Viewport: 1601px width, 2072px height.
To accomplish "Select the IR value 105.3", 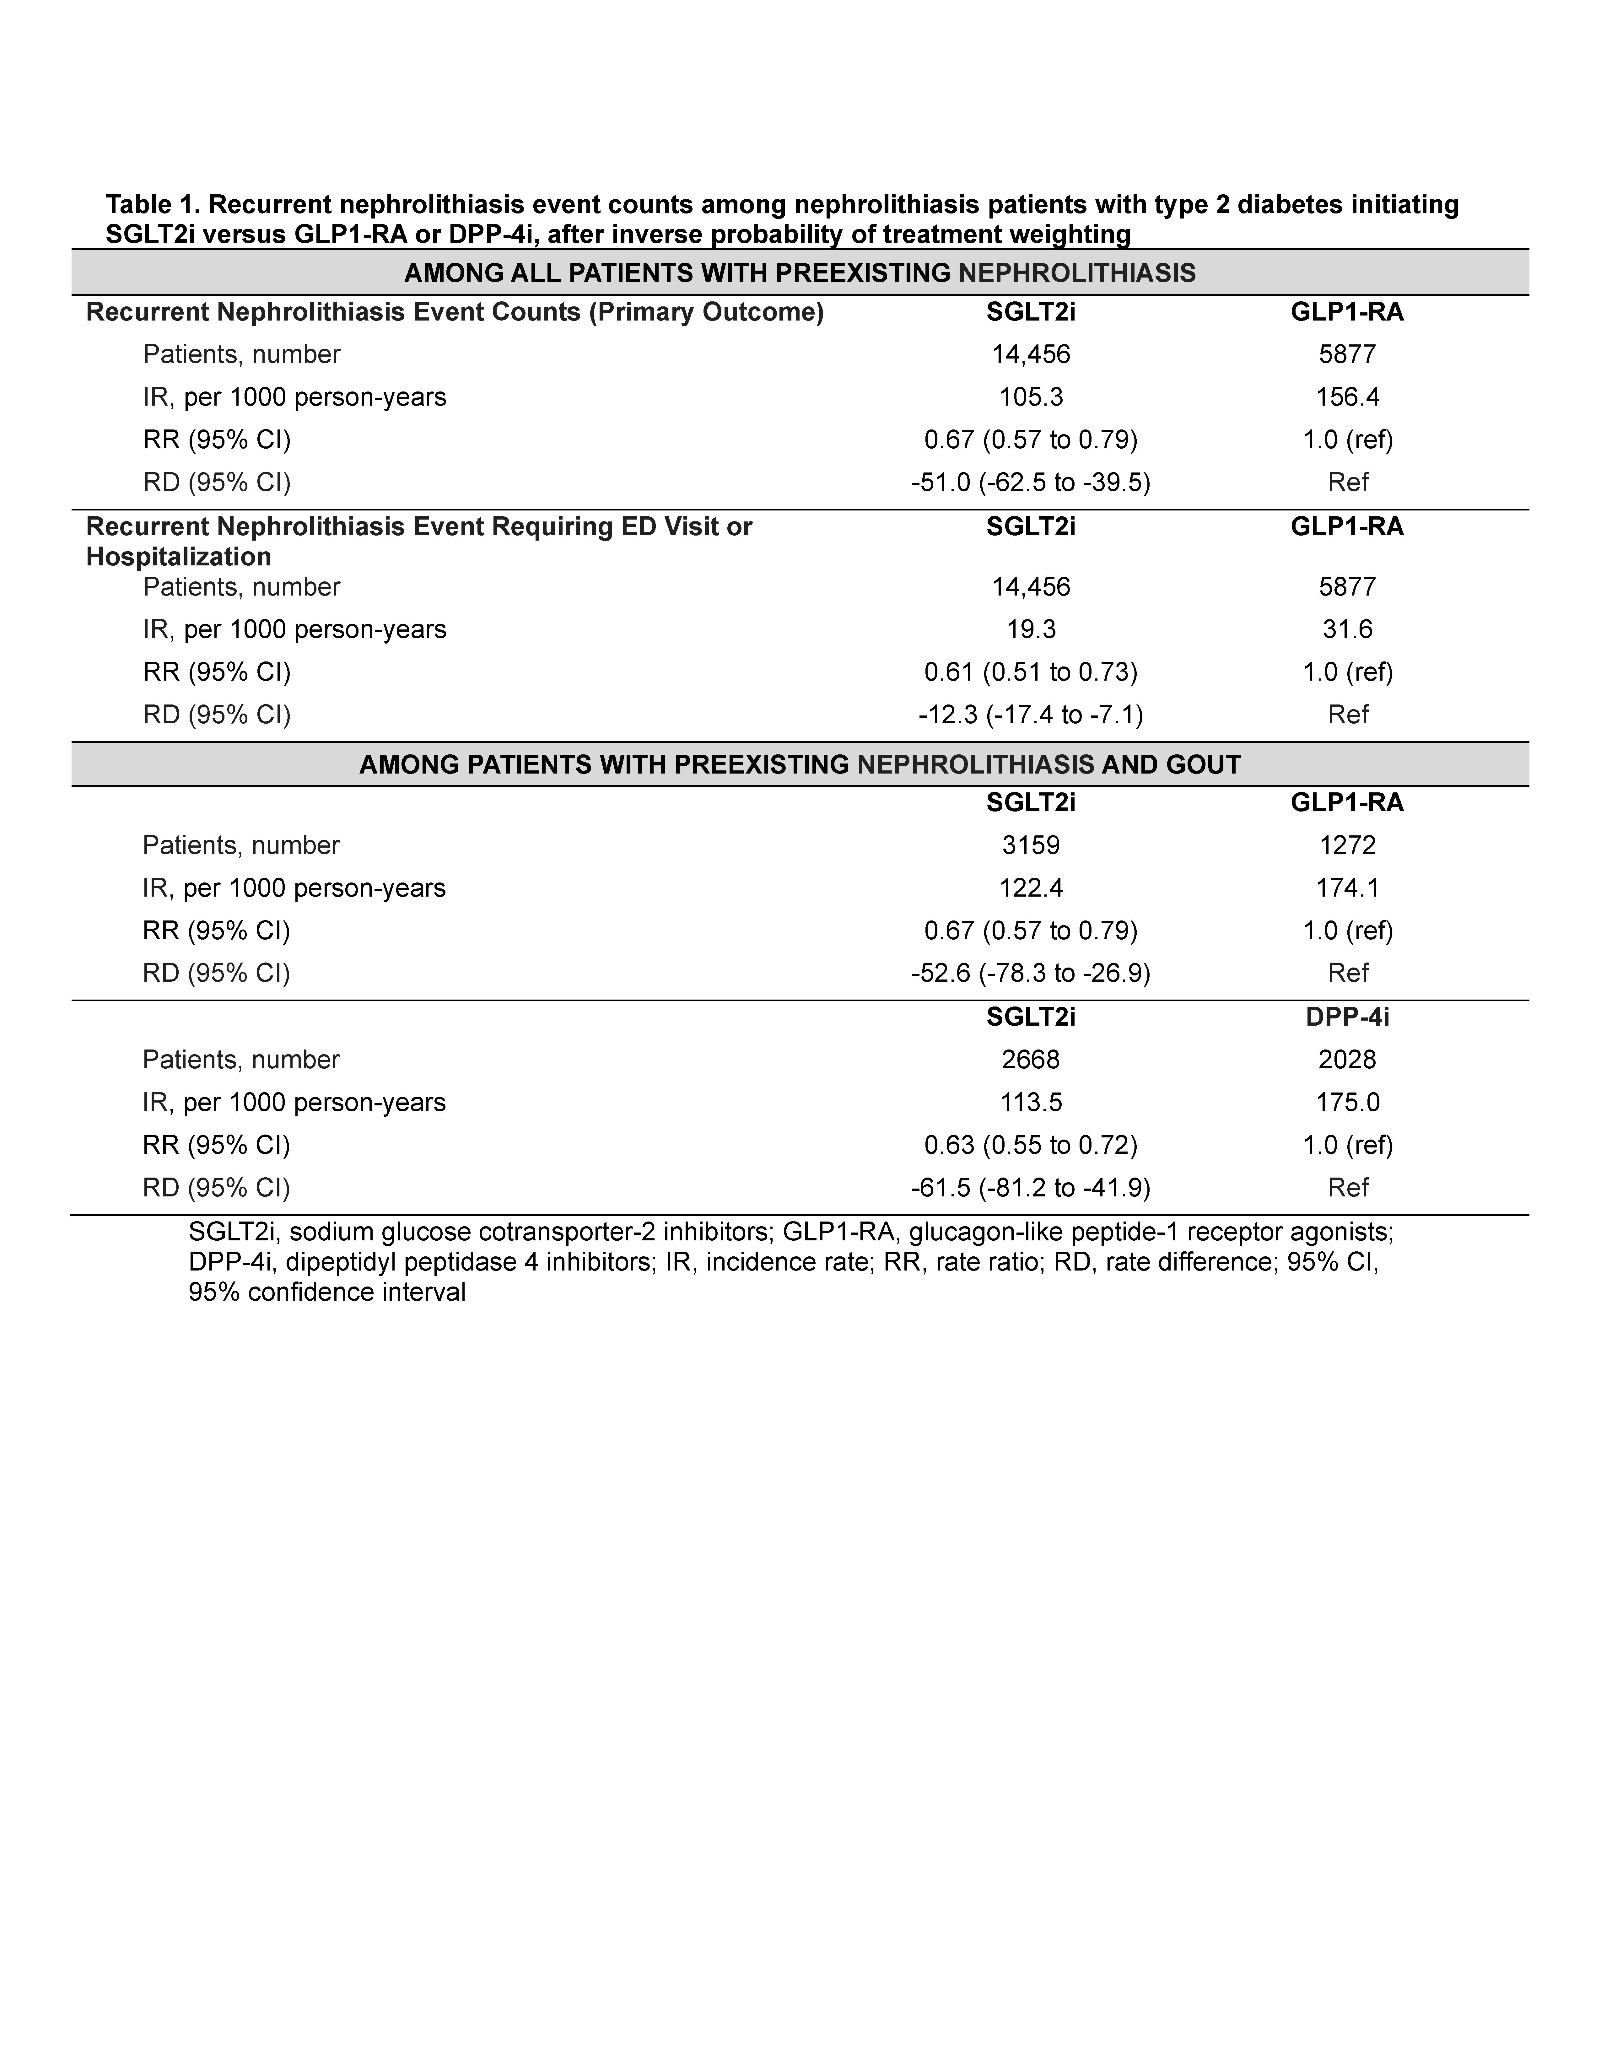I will click(1031, 397).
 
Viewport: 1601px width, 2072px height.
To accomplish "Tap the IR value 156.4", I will click(1347, 397).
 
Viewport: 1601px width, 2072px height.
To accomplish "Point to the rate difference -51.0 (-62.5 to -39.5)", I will click(1031, 483).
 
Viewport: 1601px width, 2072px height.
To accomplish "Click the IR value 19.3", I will click(1031, 630).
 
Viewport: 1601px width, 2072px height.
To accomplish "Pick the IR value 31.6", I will click(1347, 630).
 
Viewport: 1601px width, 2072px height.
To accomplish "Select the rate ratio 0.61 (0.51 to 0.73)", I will click(1031, 673).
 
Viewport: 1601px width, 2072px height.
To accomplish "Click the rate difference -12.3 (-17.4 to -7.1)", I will click(1031, 715).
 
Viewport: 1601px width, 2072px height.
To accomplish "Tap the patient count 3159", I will click(1031, 845).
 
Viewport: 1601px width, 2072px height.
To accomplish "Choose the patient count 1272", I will click(1347, 845).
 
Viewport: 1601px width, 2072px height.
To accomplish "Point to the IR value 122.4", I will click(1031, 888).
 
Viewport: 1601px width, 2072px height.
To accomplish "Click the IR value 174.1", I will click(1347, 888).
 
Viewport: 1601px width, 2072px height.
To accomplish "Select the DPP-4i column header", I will click(1347, 1017).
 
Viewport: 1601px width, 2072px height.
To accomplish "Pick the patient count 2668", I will click(1031, 1060).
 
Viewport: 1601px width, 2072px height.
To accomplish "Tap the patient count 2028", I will click(1347, 1060).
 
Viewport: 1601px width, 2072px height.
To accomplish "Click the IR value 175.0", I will click(1347, 1103).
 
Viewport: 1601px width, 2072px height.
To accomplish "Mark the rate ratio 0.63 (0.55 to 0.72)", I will click(1031, 1145).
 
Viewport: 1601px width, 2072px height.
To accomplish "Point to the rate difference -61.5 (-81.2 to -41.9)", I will click(1031, 1188).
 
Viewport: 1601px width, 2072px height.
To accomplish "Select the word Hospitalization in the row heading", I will click(178, 557).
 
